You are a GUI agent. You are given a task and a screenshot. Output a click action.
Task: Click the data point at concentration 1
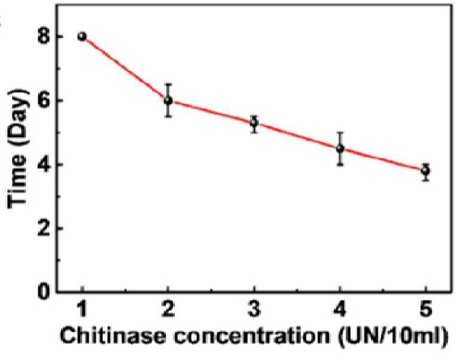click(82, 37)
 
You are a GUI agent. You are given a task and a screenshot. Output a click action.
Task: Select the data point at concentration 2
click(168, 101)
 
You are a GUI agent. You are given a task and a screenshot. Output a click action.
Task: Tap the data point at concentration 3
click(254, 123)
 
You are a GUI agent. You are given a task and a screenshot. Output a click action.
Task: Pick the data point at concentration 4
click(340, 149)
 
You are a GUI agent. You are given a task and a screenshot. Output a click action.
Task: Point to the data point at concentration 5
click(426, 170)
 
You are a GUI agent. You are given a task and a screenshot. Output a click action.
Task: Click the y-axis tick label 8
click(43, 37)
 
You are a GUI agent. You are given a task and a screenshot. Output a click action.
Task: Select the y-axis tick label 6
click(43, 101)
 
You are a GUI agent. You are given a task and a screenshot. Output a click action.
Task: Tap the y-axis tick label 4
click(43, 165)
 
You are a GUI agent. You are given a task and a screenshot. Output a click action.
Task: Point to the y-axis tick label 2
click(43, 228)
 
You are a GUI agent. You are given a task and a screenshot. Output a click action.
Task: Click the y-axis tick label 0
click(43, 292)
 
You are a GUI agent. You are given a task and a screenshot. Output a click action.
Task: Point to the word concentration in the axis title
click(252, 336)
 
